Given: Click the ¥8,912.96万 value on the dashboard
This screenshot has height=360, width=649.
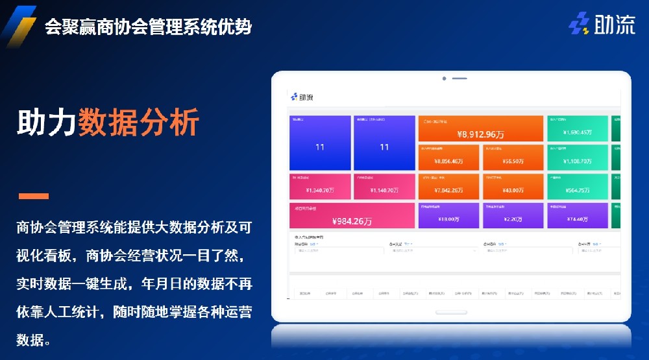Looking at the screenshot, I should point(481,134).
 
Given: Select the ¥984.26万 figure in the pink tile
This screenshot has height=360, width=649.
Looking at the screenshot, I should point(352,221).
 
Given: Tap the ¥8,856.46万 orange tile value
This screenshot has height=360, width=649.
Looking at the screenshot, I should point(448,162).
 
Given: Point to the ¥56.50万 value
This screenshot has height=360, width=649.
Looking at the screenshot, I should point(513,162).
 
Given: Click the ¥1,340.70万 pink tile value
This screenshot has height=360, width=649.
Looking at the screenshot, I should point(320,191).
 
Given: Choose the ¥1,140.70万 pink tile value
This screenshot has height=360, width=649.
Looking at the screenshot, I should point(384,191).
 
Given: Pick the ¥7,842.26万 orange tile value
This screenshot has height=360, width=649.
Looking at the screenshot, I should point(448,191).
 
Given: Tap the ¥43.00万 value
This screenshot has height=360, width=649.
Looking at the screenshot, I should point(513,191).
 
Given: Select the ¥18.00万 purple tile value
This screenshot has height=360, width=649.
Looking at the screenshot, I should point(448,219).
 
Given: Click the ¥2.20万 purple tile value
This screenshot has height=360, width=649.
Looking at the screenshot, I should point(513,219).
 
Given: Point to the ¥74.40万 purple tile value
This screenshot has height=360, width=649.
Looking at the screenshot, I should point(577,219).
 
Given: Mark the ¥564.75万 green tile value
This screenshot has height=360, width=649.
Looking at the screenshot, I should point(577,191).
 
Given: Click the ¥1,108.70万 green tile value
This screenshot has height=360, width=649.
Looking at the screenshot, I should point(577,162).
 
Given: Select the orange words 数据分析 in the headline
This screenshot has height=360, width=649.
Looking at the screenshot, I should point(138,122).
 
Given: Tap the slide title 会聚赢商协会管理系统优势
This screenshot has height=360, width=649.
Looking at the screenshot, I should point(148,27).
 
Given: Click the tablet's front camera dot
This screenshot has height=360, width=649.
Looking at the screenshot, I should point(444,78).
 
